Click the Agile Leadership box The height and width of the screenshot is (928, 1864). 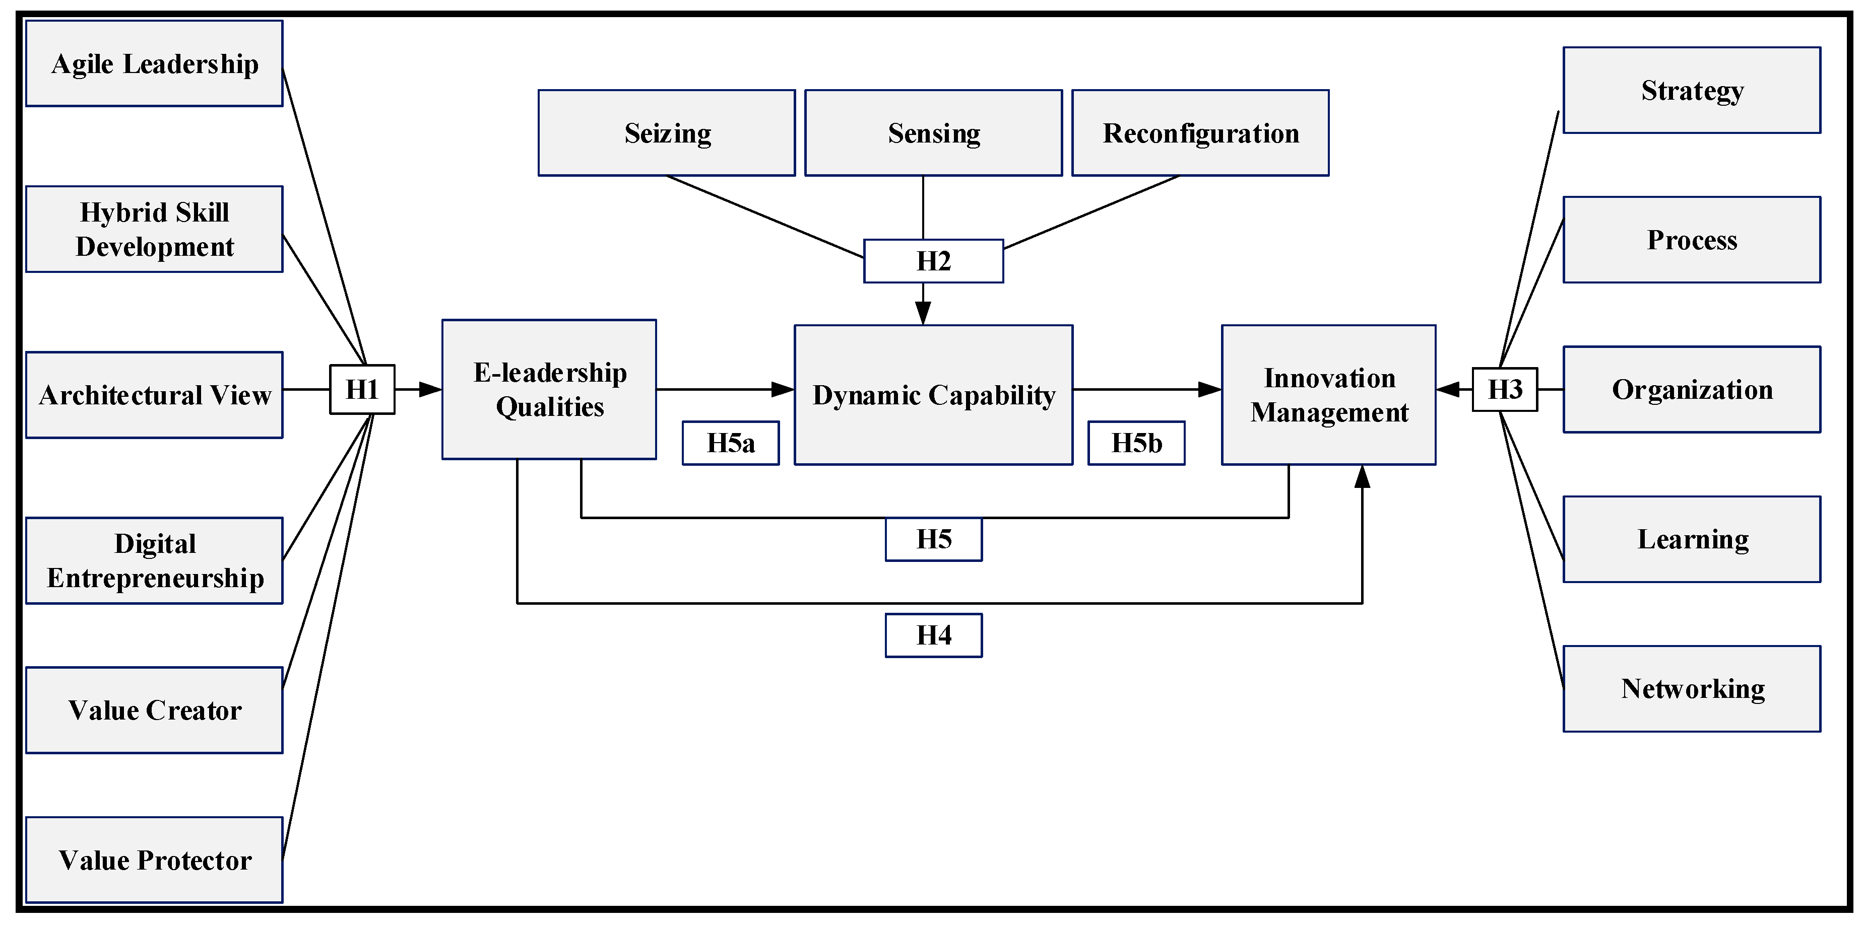tap(154, 63)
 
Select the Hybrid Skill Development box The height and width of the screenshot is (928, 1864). tap(154, 229)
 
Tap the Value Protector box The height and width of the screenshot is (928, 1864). tap(154, 860)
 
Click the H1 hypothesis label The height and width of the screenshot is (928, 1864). tap(362, 390)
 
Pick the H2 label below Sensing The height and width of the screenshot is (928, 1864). tap(933, 261)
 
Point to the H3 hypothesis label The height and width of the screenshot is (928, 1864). tap(1504, 390)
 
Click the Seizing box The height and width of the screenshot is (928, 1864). tap(667, 133)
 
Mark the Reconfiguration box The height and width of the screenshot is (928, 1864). tap(1200, 133)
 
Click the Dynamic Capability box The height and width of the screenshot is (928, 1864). tap(933, 395)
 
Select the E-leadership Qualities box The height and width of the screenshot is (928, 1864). tap(549, 390)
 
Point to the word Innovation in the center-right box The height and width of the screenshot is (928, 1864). tap(1329, 378)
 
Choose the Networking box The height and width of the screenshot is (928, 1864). tap(1692, 689)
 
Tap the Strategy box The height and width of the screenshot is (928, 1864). tap(1692, 91)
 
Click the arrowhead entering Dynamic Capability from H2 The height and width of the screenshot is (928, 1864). tap(923, 314)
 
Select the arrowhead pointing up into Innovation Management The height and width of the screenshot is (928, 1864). tap(1362, 477)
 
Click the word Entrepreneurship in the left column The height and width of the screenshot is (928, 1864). tap(155, 579)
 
